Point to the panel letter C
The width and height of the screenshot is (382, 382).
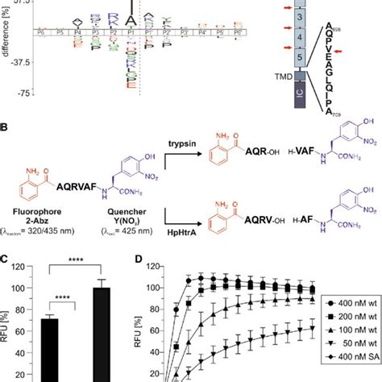(x=6, y=260)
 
